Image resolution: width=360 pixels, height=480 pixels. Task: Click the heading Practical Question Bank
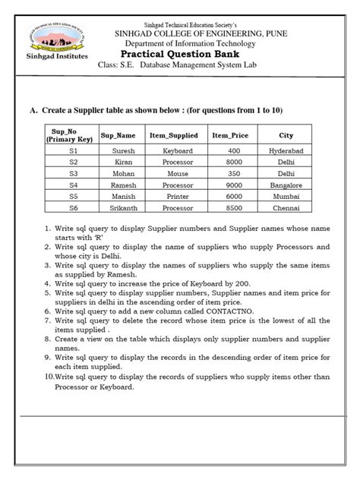(184, 56)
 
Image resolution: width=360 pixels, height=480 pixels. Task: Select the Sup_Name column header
(124, 135)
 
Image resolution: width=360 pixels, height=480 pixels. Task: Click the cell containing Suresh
(124, 151)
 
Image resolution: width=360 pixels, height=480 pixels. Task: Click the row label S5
(73, 195)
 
